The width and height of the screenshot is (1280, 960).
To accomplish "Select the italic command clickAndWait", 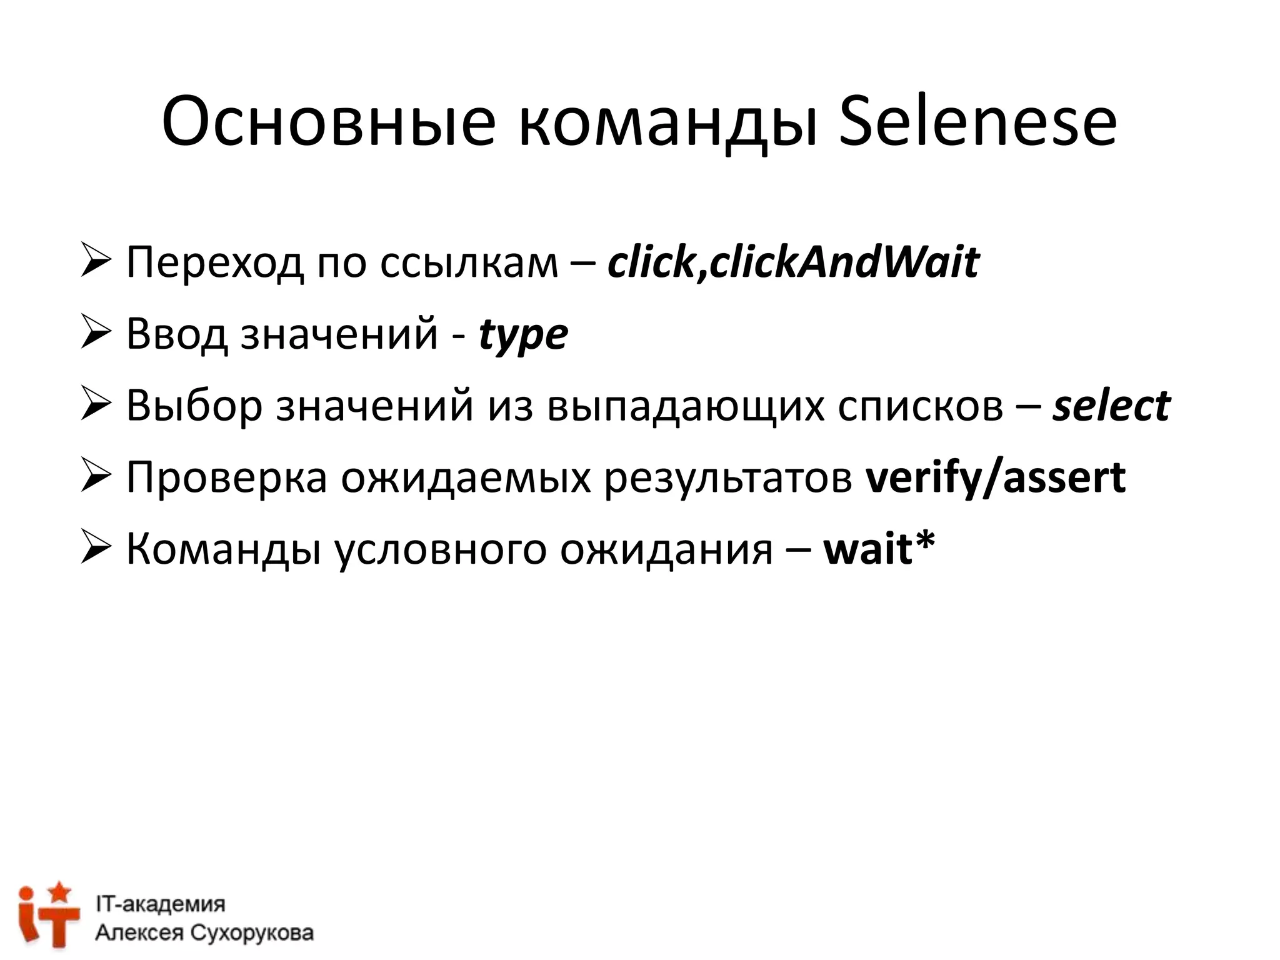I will pyautogui.click(x=844, y=262).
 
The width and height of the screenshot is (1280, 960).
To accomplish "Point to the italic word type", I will pyautogui.click(x=523, y=336).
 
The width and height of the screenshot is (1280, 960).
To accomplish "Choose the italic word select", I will pyautogui.click(x=1111, y=406).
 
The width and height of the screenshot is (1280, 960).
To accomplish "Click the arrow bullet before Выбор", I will pyautogui.click(x=96, y=404).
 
